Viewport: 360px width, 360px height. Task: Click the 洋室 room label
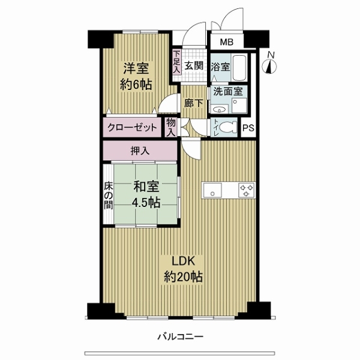tap(136, 68)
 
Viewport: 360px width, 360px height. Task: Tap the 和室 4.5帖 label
tap(146, 194)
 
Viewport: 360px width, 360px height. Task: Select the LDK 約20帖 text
tap(183, 269)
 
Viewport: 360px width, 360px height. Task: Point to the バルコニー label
tap(180, 337)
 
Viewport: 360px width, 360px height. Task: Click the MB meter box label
tap(227, 42)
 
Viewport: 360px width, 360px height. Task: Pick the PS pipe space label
tap(248, 128)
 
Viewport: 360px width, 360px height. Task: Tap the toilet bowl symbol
tap(228, 127)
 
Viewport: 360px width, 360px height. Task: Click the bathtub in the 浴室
tap(239, 67)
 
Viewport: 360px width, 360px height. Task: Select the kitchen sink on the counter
tap(212, 190)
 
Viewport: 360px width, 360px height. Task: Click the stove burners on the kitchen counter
tap(247, 190)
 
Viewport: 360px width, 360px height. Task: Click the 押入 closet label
tap(140, 151)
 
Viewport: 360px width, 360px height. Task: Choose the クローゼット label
tap(132, 127)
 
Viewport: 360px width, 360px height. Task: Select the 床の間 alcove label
tap(109, 196)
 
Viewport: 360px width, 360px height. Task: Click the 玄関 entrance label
tap(194, 66)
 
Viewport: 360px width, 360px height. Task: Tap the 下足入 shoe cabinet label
tap(176, 62)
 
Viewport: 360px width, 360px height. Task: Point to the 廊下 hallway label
tap(194, 103)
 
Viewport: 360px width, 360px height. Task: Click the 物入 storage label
tap(171, 127)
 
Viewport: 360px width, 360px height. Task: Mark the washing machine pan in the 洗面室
tap(239, 106)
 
